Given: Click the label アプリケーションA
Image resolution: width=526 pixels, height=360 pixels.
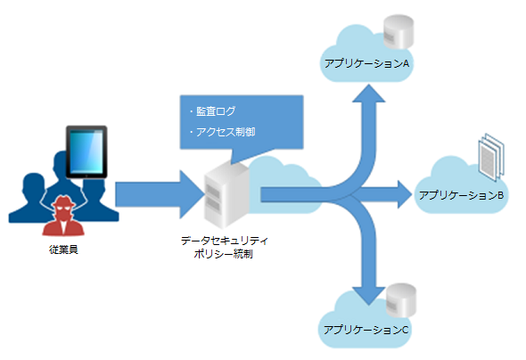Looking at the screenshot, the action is point(366,63).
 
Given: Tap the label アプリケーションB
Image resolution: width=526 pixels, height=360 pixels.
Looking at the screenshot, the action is point(461,195).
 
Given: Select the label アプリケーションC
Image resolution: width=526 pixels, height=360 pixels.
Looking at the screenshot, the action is point(366,330).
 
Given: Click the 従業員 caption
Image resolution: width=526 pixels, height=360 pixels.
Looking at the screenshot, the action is point(63,250).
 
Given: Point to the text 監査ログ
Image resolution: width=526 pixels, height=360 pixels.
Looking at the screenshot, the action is point(216,111).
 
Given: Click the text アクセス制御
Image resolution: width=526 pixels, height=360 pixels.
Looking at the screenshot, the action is point(226,132).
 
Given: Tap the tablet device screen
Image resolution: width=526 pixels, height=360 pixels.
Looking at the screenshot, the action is point(86,151).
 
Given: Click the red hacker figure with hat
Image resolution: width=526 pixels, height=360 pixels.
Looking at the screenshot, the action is point(63,215).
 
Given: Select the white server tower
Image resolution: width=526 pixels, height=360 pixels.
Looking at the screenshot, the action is point(226,194).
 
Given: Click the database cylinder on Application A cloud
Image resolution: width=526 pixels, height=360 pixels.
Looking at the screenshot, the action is point(399,32).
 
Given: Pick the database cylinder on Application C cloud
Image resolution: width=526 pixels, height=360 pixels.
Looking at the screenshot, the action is point(401,300).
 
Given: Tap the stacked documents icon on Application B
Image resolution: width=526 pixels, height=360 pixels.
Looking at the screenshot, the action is point(491,157).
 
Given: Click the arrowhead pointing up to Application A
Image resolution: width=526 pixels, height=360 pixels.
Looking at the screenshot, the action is point(369,94).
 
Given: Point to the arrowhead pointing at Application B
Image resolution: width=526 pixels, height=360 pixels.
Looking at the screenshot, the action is point(405,194).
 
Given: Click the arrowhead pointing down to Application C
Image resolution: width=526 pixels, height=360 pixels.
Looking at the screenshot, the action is point(369,296).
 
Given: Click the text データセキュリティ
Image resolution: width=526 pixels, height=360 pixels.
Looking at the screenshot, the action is point(225,241).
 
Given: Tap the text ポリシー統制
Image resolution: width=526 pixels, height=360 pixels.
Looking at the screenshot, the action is point(223,254).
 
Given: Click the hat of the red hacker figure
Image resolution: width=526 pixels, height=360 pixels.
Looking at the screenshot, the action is point(63,201).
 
